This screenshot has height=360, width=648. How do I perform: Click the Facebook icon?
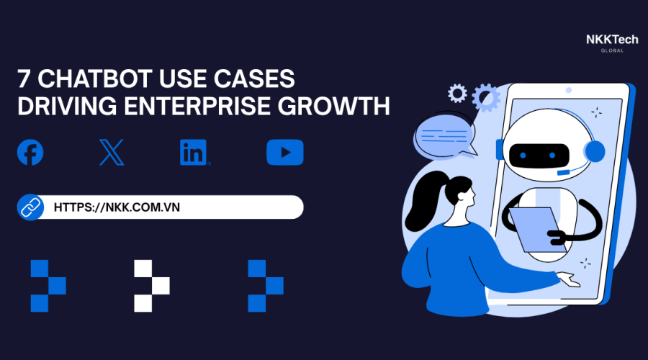point(30,153)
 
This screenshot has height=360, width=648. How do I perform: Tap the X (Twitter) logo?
point(112,153)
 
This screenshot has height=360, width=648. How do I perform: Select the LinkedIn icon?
point(194,153)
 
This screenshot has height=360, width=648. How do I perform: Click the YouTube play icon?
point(284,153)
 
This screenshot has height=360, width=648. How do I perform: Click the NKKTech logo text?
point(612,40)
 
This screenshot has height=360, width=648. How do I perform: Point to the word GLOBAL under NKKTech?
point(612,50)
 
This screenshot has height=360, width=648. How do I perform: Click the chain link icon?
point(30,207)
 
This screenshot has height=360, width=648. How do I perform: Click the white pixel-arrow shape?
point(151,285)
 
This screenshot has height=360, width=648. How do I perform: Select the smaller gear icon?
point(456,93)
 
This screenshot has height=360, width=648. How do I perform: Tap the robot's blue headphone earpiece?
point(595,151)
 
